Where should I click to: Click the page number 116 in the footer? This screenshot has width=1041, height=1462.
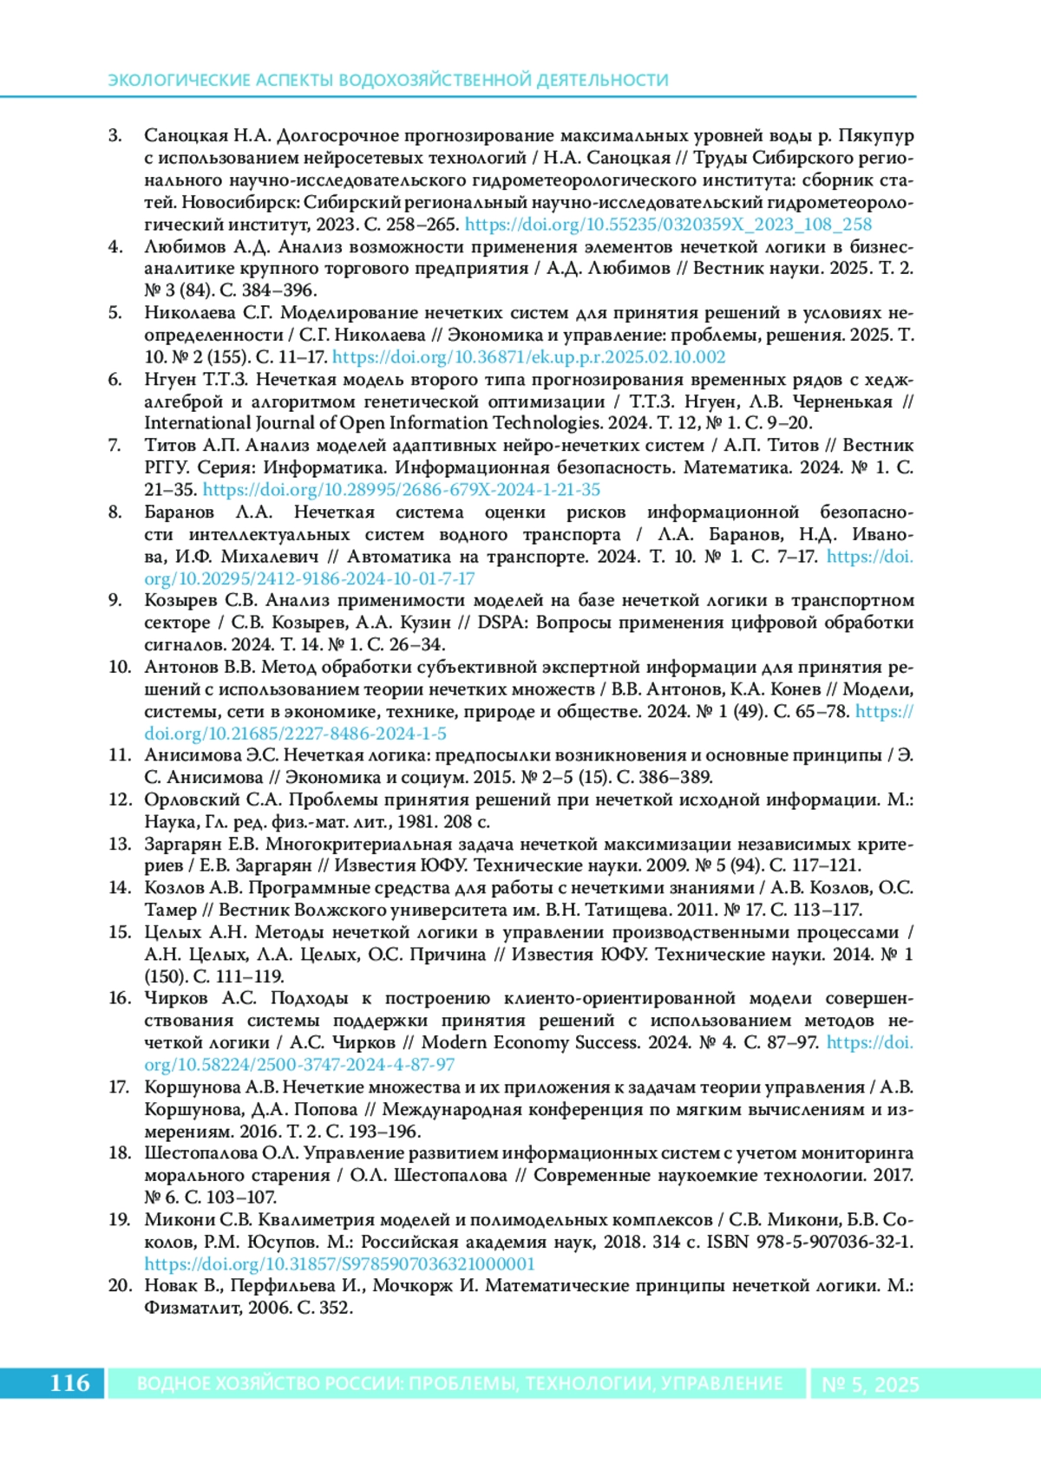[69, 1382]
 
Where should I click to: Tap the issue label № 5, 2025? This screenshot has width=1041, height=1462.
[870, 1385]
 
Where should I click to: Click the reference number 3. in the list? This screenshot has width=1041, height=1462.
[115, 135]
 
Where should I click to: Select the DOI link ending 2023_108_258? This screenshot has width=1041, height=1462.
[668, 224]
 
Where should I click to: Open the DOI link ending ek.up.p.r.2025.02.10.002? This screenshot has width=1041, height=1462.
[528, 356]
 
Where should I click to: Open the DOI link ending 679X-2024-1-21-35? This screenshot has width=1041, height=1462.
[401, 489]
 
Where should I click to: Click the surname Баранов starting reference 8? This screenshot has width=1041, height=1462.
[179, 512]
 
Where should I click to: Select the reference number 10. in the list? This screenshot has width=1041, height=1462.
[119, 667]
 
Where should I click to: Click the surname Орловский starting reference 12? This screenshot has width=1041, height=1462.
[192, 800]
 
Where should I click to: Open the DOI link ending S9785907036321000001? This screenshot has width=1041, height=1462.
[339, 1263]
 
